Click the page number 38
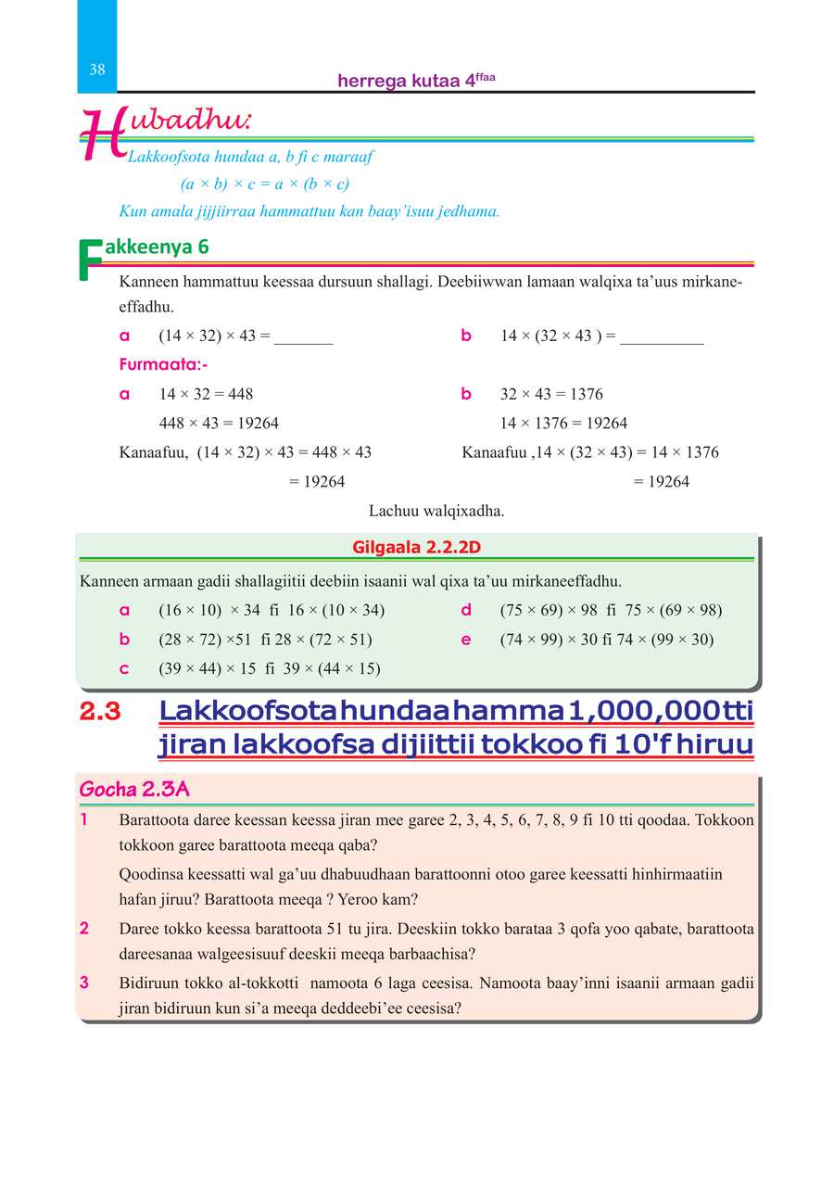[97, 70]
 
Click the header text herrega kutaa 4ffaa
[416, 81]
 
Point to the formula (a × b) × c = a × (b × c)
[264, 184]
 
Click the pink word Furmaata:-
[163, 364]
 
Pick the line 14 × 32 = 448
[206, 394]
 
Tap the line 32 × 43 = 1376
[551, 394]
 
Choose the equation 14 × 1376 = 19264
[563, 424]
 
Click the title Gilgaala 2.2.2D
[417, 547]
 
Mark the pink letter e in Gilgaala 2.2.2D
[466, 640]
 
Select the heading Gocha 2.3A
[134, 790]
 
